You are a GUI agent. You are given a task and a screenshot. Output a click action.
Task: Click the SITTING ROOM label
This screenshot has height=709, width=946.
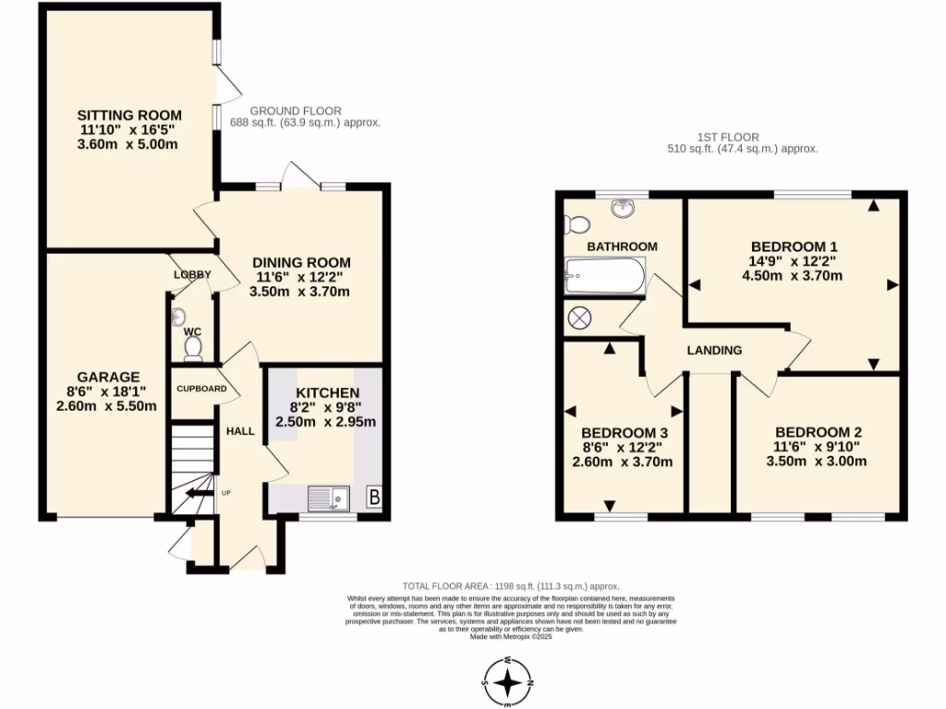click(128, 115)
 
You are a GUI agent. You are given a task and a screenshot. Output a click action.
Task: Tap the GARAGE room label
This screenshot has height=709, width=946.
click(108, 377)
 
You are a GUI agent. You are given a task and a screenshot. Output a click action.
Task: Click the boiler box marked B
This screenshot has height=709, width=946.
click(374, 497)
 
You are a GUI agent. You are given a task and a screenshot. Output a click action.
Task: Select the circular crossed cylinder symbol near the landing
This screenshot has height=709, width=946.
click(579, 318)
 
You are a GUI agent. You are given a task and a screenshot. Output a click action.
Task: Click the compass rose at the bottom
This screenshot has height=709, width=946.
click(508, 682)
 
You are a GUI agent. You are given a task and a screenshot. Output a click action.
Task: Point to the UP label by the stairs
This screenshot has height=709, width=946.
click(225, 493)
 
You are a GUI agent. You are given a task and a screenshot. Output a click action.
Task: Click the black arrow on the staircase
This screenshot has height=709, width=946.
click(196, 495)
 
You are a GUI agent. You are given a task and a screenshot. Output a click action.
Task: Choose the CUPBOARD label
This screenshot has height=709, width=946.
click(201, 389)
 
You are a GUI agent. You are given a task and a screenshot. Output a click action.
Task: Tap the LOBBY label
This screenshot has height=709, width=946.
click(192, 274)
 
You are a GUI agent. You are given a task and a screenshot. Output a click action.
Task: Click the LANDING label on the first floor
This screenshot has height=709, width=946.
click(714, 351)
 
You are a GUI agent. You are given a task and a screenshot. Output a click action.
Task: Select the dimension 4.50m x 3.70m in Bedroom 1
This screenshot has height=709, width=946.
click(793, 275)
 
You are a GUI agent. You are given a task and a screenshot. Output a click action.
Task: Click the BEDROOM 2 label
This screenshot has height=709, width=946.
click(818, 432)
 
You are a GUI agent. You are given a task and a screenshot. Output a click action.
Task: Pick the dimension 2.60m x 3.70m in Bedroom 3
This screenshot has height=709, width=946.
click(623, 463)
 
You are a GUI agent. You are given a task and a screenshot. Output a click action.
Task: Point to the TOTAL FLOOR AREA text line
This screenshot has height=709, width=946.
click(510, 586)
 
